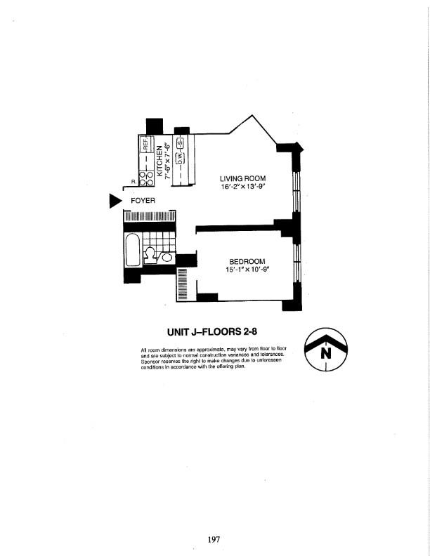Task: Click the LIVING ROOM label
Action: click(x=242, y=179)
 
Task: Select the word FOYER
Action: click(x=143, y=201)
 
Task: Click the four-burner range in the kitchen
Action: click(x=145, y=179)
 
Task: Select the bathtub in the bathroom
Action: click(x=133, y=251)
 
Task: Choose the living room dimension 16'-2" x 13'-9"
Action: click(x=242, y=189)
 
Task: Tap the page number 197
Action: click(x=214, y=539)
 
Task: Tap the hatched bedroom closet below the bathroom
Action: click(x=182, y=285)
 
